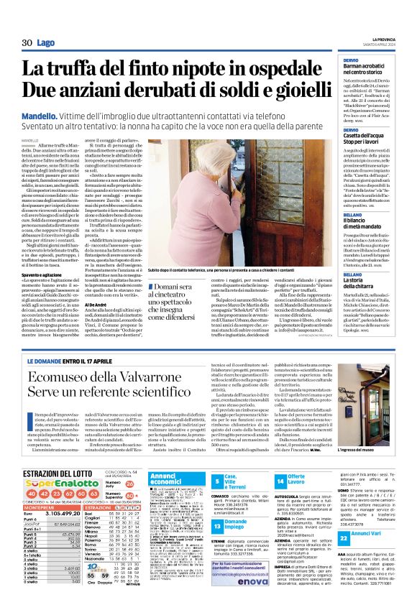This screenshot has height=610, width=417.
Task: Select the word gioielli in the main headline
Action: tap(296, 91)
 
